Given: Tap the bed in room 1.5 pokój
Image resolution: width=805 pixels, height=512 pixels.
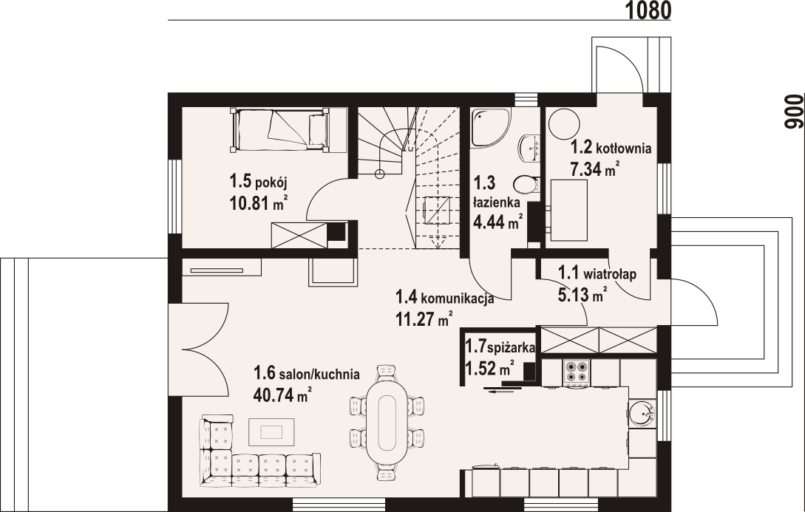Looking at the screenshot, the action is tap(280, 129).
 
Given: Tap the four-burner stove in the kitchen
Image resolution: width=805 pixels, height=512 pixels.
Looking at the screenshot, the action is tap(577, 372).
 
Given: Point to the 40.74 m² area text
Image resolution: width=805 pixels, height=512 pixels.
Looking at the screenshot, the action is tap(282, 395).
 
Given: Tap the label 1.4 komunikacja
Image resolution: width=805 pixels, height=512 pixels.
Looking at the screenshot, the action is tap(444, 298).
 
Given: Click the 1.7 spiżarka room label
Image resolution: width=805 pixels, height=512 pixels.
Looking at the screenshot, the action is tap(500, 347).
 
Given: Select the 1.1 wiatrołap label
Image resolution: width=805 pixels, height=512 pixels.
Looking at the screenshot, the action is tap(597, 273).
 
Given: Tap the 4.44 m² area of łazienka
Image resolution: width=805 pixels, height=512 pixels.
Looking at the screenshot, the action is tap(498, 222).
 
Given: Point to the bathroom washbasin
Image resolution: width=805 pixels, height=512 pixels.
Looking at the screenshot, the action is tap(529, 147).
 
